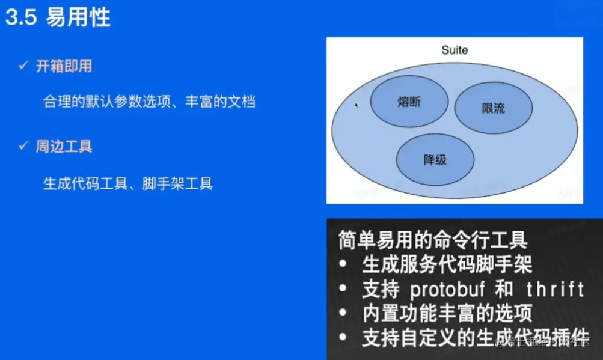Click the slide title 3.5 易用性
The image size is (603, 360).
click(58, 17)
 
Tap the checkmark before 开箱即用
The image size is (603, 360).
click(23, 65)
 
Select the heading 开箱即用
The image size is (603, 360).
click(64, 66)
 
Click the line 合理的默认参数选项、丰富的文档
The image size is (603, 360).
click(149, 101)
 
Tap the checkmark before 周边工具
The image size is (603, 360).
click(23, 145)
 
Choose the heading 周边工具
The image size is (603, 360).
click(64, 147)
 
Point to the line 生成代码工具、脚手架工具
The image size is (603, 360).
click(128, 183)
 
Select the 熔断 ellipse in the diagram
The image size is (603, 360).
click(409, 102)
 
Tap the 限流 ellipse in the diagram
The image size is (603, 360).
click(494, 109)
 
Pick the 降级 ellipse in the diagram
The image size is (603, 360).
click(435, 159)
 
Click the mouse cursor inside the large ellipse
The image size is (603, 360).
click(356, 105)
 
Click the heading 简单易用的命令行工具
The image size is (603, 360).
click(433, 240)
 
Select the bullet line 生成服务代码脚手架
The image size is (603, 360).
click(447, 264)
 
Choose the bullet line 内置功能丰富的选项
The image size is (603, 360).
click(447, 314)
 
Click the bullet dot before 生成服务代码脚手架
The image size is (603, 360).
click(343, 264)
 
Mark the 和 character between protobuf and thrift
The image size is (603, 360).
click(504, 290)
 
